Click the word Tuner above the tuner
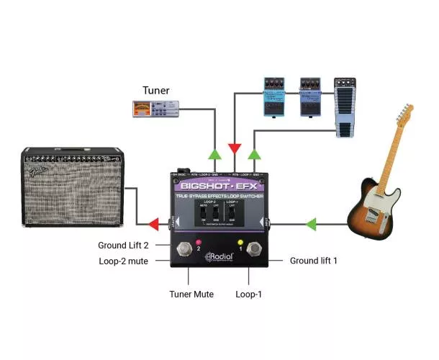click(x=155, y=90)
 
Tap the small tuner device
click(x=154, y=109)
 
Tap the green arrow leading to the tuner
click(x=214, y=154)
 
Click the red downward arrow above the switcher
click(x=235, y=149)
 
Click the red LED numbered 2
click(x=198, y=242)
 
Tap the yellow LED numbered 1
click(x=240, y=242)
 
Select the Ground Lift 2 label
click(x=123, y=246)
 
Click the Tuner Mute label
click(x=191, y=294)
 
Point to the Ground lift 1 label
click(x=313, y=260)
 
